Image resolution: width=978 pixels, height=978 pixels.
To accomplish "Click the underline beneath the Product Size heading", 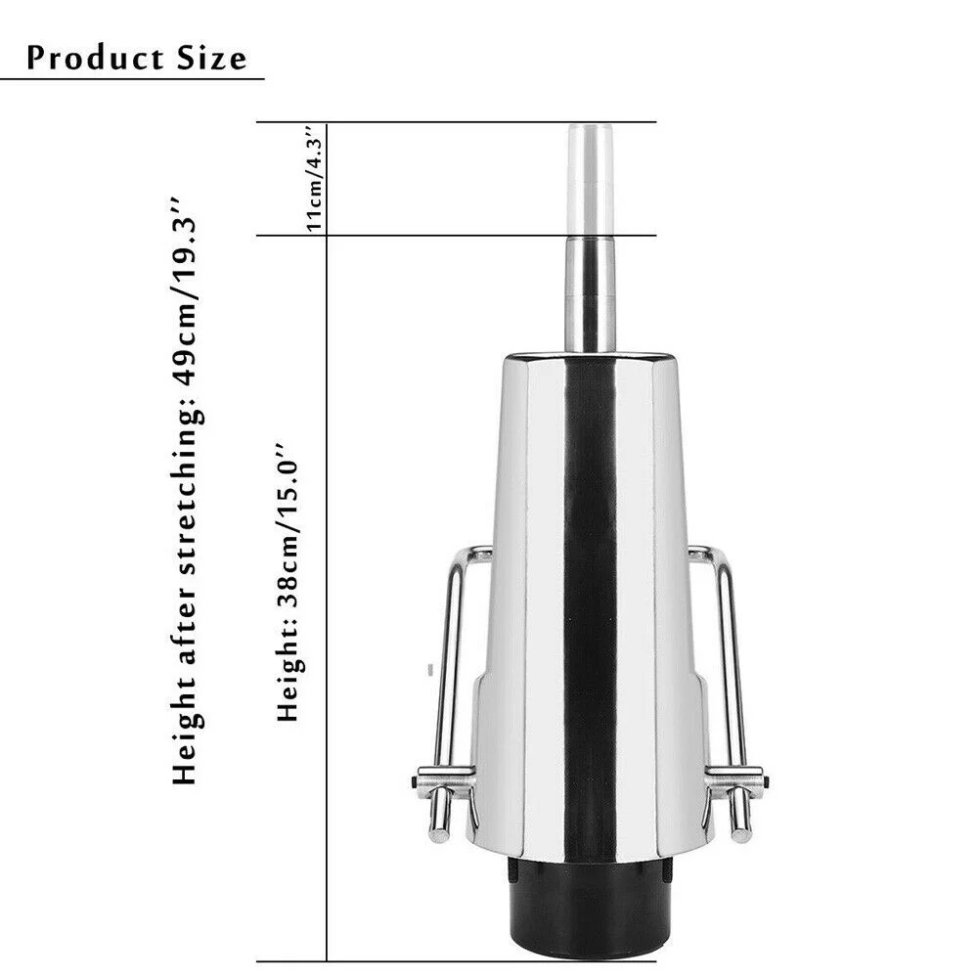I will [132, 77].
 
